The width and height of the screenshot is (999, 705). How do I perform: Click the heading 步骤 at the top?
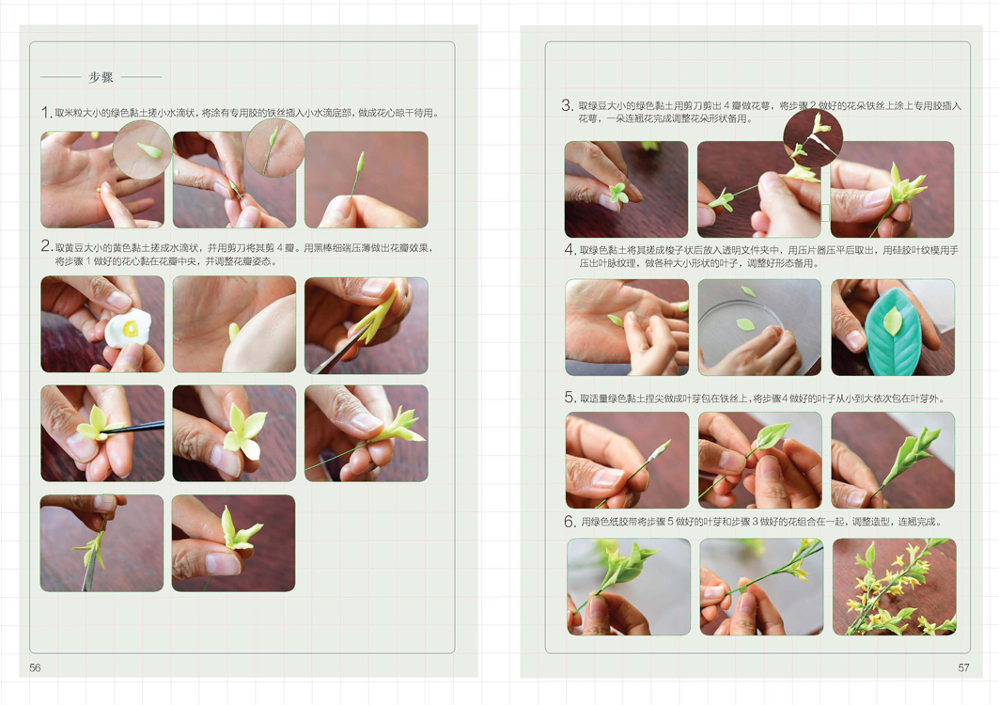click(101, 77)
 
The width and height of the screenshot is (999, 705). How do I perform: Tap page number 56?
click(35, 667)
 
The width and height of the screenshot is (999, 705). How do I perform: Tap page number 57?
click(963, 667)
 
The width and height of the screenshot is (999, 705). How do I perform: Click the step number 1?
click(46, 113)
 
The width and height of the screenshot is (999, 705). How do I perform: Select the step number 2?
click(46, 246)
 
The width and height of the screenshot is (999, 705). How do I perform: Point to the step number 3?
click(567, 105)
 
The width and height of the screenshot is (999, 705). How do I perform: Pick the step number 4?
click(570, 250)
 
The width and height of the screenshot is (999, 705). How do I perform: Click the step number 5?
click(570, 398)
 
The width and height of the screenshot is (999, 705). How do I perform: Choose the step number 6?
click(570, 522)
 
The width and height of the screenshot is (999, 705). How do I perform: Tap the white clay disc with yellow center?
click(128, 328)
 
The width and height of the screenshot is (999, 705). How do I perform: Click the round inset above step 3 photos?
click(813, 137)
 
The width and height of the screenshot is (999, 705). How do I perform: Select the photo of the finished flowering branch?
click(894, 587)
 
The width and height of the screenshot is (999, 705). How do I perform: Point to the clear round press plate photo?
click(759, 327)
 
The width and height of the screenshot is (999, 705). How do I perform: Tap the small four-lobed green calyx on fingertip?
click(618, 194)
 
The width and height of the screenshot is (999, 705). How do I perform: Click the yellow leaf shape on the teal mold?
click(892, 321)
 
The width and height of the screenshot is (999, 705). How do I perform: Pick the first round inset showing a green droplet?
click(142, 149)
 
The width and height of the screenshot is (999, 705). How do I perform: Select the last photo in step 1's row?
click(367, 180)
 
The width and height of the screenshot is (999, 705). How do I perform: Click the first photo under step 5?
click(628, 461)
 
